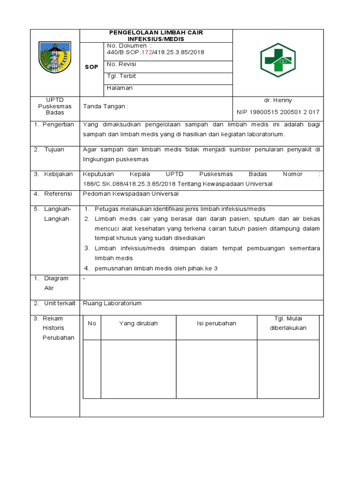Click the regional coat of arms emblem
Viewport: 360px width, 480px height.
click(55, 58)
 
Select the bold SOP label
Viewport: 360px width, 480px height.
click(91, 67)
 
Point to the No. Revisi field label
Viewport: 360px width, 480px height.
click(121, 64)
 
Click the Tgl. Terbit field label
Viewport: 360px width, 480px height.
click(121, 76)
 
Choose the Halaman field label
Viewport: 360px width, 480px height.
click(120, 88)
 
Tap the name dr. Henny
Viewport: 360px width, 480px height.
click(278, 100)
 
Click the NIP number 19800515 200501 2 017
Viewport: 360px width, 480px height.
click(278, 112)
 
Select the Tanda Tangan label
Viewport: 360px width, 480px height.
click(105, 106)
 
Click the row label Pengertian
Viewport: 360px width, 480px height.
click(58, 124)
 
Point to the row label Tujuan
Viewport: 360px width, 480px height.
click(54, 150)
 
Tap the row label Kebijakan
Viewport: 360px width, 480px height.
click(59, 174)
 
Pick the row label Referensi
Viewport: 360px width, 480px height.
click(58, 194)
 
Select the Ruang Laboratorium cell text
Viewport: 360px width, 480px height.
click(112, 303)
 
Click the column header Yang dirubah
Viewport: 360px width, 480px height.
click(138, 323)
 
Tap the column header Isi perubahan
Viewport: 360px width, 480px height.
click(216, 323)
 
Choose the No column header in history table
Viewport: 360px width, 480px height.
click(92, 323)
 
